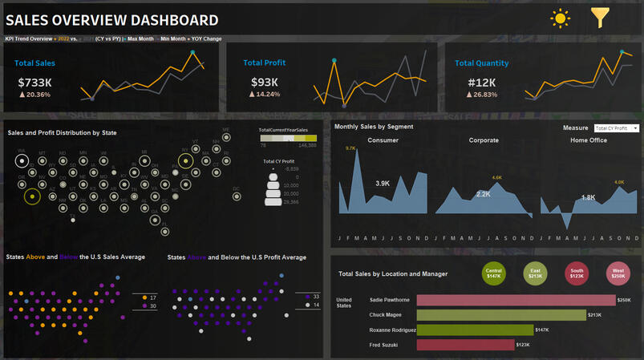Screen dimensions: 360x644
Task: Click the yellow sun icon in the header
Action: point(560,18)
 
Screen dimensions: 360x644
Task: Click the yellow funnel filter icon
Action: point(600,18)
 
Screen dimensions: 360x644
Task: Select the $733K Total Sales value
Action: point(35,82)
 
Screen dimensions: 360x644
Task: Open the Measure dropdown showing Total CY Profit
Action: point(616,128)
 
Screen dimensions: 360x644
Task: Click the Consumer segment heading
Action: point(383,140)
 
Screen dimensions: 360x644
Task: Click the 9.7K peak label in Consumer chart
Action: point(350,148)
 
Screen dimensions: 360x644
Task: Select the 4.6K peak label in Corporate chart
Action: point(496,177)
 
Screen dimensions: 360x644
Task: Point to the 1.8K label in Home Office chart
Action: point(588,197)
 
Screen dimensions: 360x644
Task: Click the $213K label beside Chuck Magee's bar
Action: point(595,315)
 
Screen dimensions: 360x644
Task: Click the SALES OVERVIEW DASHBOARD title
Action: point(111,20)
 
